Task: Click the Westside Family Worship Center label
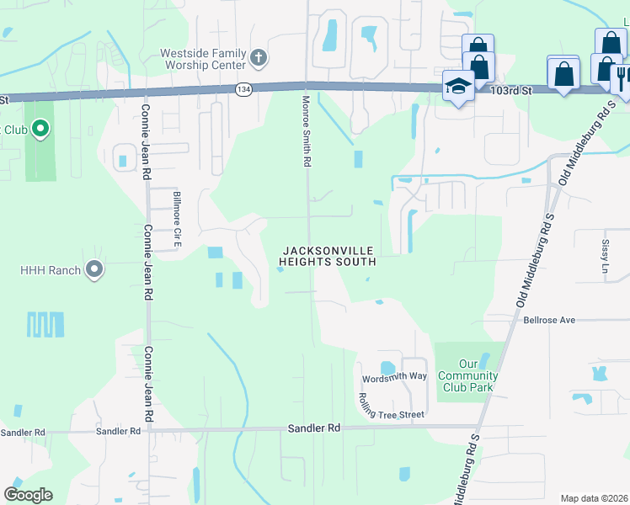(x=202, y=59)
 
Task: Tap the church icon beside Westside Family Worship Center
(x=259, y=59)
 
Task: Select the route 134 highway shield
(x=243, y=89)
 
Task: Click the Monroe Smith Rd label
(x=307, y=130)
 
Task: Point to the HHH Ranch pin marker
(x=94, y=270)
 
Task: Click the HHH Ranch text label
(x=51, y=270)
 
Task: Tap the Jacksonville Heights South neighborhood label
(x=328, y=256)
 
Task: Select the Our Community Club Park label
(x=468, y=375)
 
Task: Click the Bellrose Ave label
(x=548, y=320)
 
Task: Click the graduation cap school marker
(x=458, y=86)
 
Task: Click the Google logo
(x=28, y=495)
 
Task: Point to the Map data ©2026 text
(x=594, y=498)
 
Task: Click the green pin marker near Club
(x=40, y=129)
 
